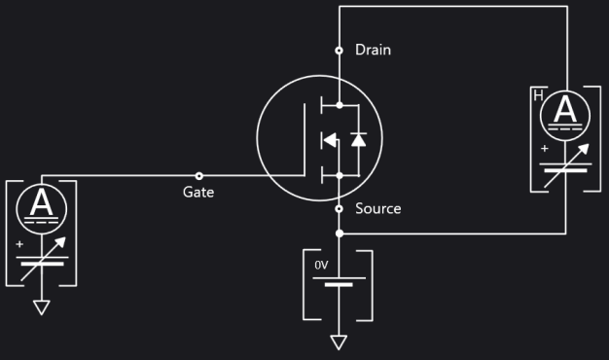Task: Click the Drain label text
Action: [373, 50]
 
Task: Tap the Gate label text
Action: [198, 193]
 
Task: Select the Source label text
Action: [377, 208]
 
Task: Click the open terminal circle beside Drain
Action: [339, 50]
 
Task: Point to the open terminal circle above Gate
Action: [199, 176]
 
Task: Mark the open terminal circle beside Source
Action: [339, 208]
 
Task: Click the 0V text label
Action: [322, 265]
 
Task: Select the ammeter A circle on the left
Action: [42, 204]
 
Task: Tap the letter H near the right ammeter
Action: [538, 95]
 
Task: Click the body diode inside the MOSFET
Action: [358, 139]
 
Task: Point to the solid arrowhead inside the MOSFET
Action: [329, 140]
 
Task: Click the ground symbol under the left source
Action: [42, 307]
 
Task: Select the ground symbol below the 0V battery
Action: [339, 342]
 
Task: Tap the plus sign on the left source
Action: [19, 243]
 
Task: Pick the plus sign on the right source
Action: [544, 149]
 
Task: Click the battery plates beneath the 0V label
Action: [339, 281]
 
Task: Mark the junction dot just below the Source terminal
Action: [339, 234]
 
